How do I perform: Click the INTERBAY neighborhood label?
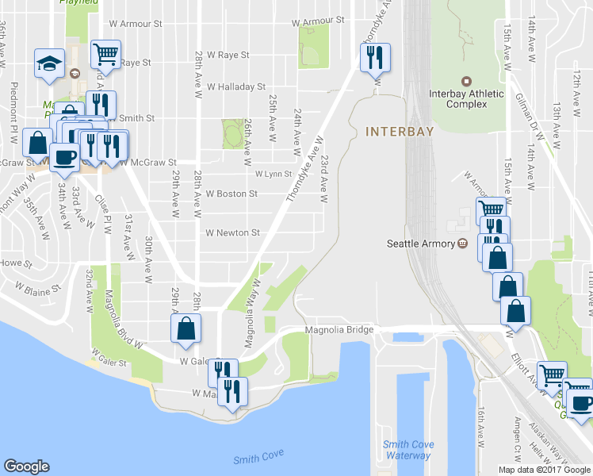click(400, 132)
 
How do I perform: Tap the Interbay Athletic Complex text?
click(466, 99)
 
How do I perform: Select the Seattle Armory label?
click(419, 244)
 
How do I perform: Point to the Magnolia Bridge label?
click(339, 329)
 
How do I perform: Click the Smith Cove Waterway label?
click(407, 450)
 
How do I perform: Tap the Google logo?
click(26, 466)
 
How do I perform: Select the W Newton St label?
click(232, 233)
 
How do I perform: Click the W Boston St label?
click(231, 194)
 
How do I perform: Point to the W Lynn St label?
click(274, 174)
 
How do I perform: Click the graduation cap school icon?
click(49, 63)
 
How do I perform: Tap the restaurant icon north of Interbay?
click(373, 56)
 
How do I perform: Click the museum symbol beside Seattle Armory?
click(462, 244)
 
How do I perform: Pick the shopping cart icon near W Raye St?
click(105, 54)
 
